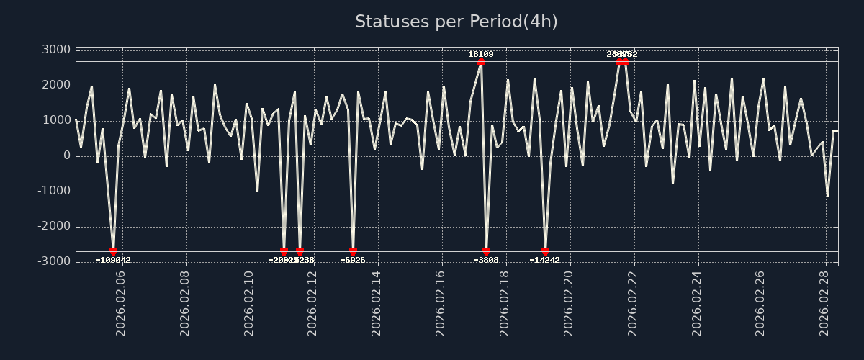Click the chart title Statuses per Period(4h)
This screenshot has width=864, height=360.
pos(456,22)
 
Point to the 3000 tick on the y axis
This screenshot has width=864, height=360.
pos(55,50)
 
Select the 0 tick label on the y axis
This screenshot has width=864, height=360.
pos(66,156)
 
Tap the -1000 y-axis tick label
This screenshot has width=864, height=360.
pos(53,191)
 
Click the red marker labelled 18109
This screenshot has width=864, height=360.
pos(481,62)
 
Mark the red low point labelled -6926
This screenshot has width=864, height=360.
pos(353,252)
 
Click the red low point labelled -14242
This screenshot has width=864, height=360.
pos(545,252)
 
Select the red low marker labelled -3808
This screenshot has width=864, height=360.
pos(486,252)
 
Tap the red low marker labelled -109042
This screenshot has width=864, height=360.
pos(113,252)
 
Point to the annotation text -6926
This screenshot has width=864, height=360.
pos(353,260)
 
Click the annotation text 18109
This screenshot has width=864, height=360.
pos(481,54)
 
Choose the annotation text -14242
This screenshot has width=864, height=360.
pos(545,260)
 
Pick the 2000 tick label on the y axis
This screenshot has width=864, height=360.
pos(55,85)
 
